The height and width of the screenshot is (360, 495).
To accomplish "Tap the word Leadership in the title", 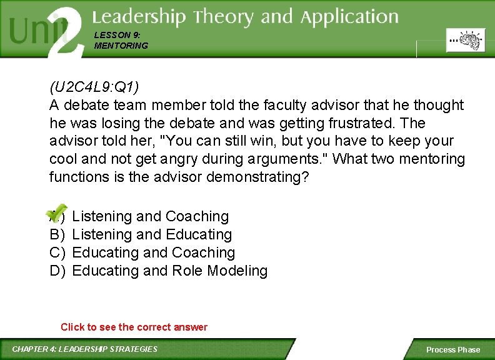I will [x=139, y=17].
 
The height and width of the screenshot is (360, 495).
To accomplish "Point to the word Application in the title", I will [x=349, y=17].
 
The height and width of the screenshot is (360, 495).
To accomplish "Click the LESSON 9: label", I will [x=112, y=36].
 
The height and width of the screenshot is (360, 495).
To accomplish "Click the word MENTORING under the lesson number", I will [x=121, y=46].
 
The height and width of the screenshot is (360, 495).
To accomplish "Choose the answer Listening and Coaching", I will [x=151, y=216].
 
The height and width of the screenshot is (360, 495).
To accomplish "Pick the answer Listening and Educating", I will [x=152, y=234].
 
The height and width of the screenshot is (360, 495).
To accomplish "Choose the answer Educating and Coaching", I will [x=154, y=252].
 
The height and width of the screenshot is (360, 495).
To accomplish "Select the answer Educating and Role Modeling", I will [x=170, y=271].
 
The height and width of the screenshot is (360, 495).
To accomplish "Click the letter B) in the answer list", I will [x=57, y=234].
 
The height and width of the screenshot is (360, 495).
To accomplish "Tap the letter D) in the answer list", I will [x=57, y=271].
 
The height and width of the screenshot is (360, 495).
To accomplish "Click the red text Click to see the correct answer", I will [x=134, y=327].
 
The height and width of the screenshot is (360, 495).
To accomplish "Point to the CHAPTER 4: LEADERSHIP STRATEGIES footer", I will [x=85, y=349].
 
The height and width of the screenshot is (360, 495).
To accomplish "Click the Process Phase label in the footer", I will [x=453, y=349].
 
